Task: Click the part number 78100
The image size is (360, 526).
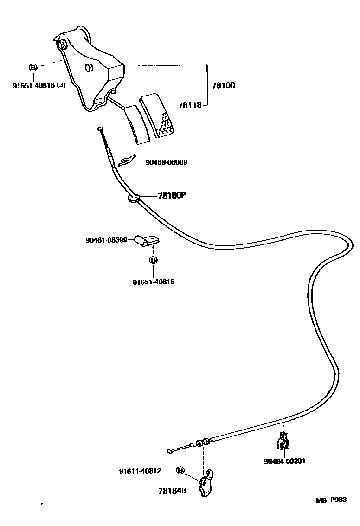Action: (x=223, y=85)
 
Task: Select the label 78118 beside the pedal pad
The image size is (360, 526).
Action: (x=189, y=105)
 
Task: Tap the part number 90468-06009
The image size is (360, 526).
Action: (x=167, y=162)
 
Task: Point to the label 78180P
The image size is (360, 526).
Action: (x=171, y=196)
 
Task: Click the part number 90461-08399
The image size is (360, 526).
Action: (x=106, y=240)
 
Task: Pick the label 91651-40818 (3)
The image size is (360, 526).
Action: (x=39, y=85)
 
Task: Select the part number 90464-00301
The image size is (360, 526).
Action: (x=284, y=461)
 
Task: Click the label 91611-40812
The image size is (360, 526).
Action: (x=140, y=471)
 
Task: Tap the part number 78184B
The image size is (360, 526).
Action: (x=172, y=490)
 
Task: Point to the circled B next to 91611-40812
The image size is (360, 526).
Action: (x=180, y=471)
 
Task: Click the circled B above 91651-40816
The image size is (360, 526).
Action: (x=153, y=261)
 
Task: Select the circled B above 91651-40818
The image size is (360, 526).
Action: (x=33, y=68)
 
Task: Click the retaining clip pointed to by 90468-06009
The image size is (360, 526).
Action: (x=127, y=160)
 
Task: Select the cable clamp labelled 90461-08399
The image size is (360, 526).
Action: (x=147, y=240)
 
